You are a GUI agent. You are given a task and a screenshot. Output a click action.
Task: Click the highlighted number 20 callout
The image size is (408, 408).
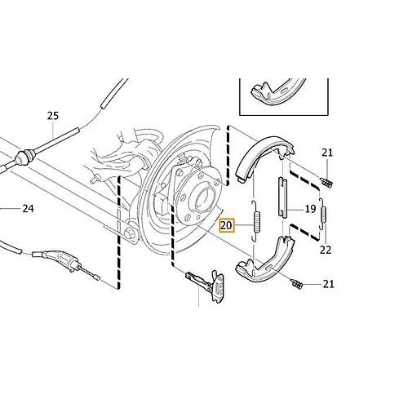click(227, 225)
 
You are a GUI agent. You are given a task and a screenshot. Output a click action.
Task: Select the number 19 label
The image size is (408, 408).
click(310, 209)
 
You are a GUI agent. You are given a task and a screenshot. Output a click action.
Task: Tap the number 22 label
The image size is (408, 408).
click(326, 250)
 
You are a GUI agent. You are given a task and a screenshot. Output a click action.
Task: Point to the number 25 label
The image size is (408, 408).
click(53, 116)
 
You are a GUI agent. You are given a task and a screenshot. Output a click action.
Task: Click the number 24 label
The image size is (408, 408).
click(28, 209)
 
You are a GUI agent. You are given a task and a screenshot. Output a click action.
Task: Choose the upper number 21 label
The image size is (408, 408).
click(327, 153)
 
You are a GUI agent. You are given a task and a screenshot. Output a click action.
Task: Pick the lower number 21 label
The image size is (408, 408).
click(328, 284)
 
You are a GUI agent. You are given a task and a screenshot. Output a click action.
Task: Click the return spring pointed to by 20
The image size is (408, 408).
click(256, 221)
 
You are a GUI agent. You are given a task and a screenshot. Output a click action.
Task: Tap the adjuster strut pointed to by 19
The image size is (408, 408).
click(282, 197)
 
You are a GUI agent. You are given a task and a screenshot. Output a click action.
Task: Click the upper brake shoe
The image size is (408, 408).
click(264, 157)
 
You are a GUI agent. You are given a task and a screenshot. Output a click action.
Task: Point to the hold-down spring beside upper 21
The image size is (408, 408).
click(326, 182)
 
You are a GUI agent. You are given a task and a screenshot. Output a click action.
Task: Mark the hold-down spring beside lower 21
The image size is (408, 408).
click(296, 283)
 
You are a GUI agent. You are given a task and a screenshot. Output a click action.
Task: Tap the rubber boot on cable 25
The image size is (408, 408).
click(24, 157)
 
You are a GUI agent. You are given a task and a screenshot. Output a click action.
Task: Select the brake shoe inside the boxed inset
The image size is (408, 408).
click(277, 91)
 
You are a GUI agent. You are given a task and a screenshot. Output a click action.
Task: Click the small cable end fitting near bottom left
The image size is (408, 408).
click(95, 277)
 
